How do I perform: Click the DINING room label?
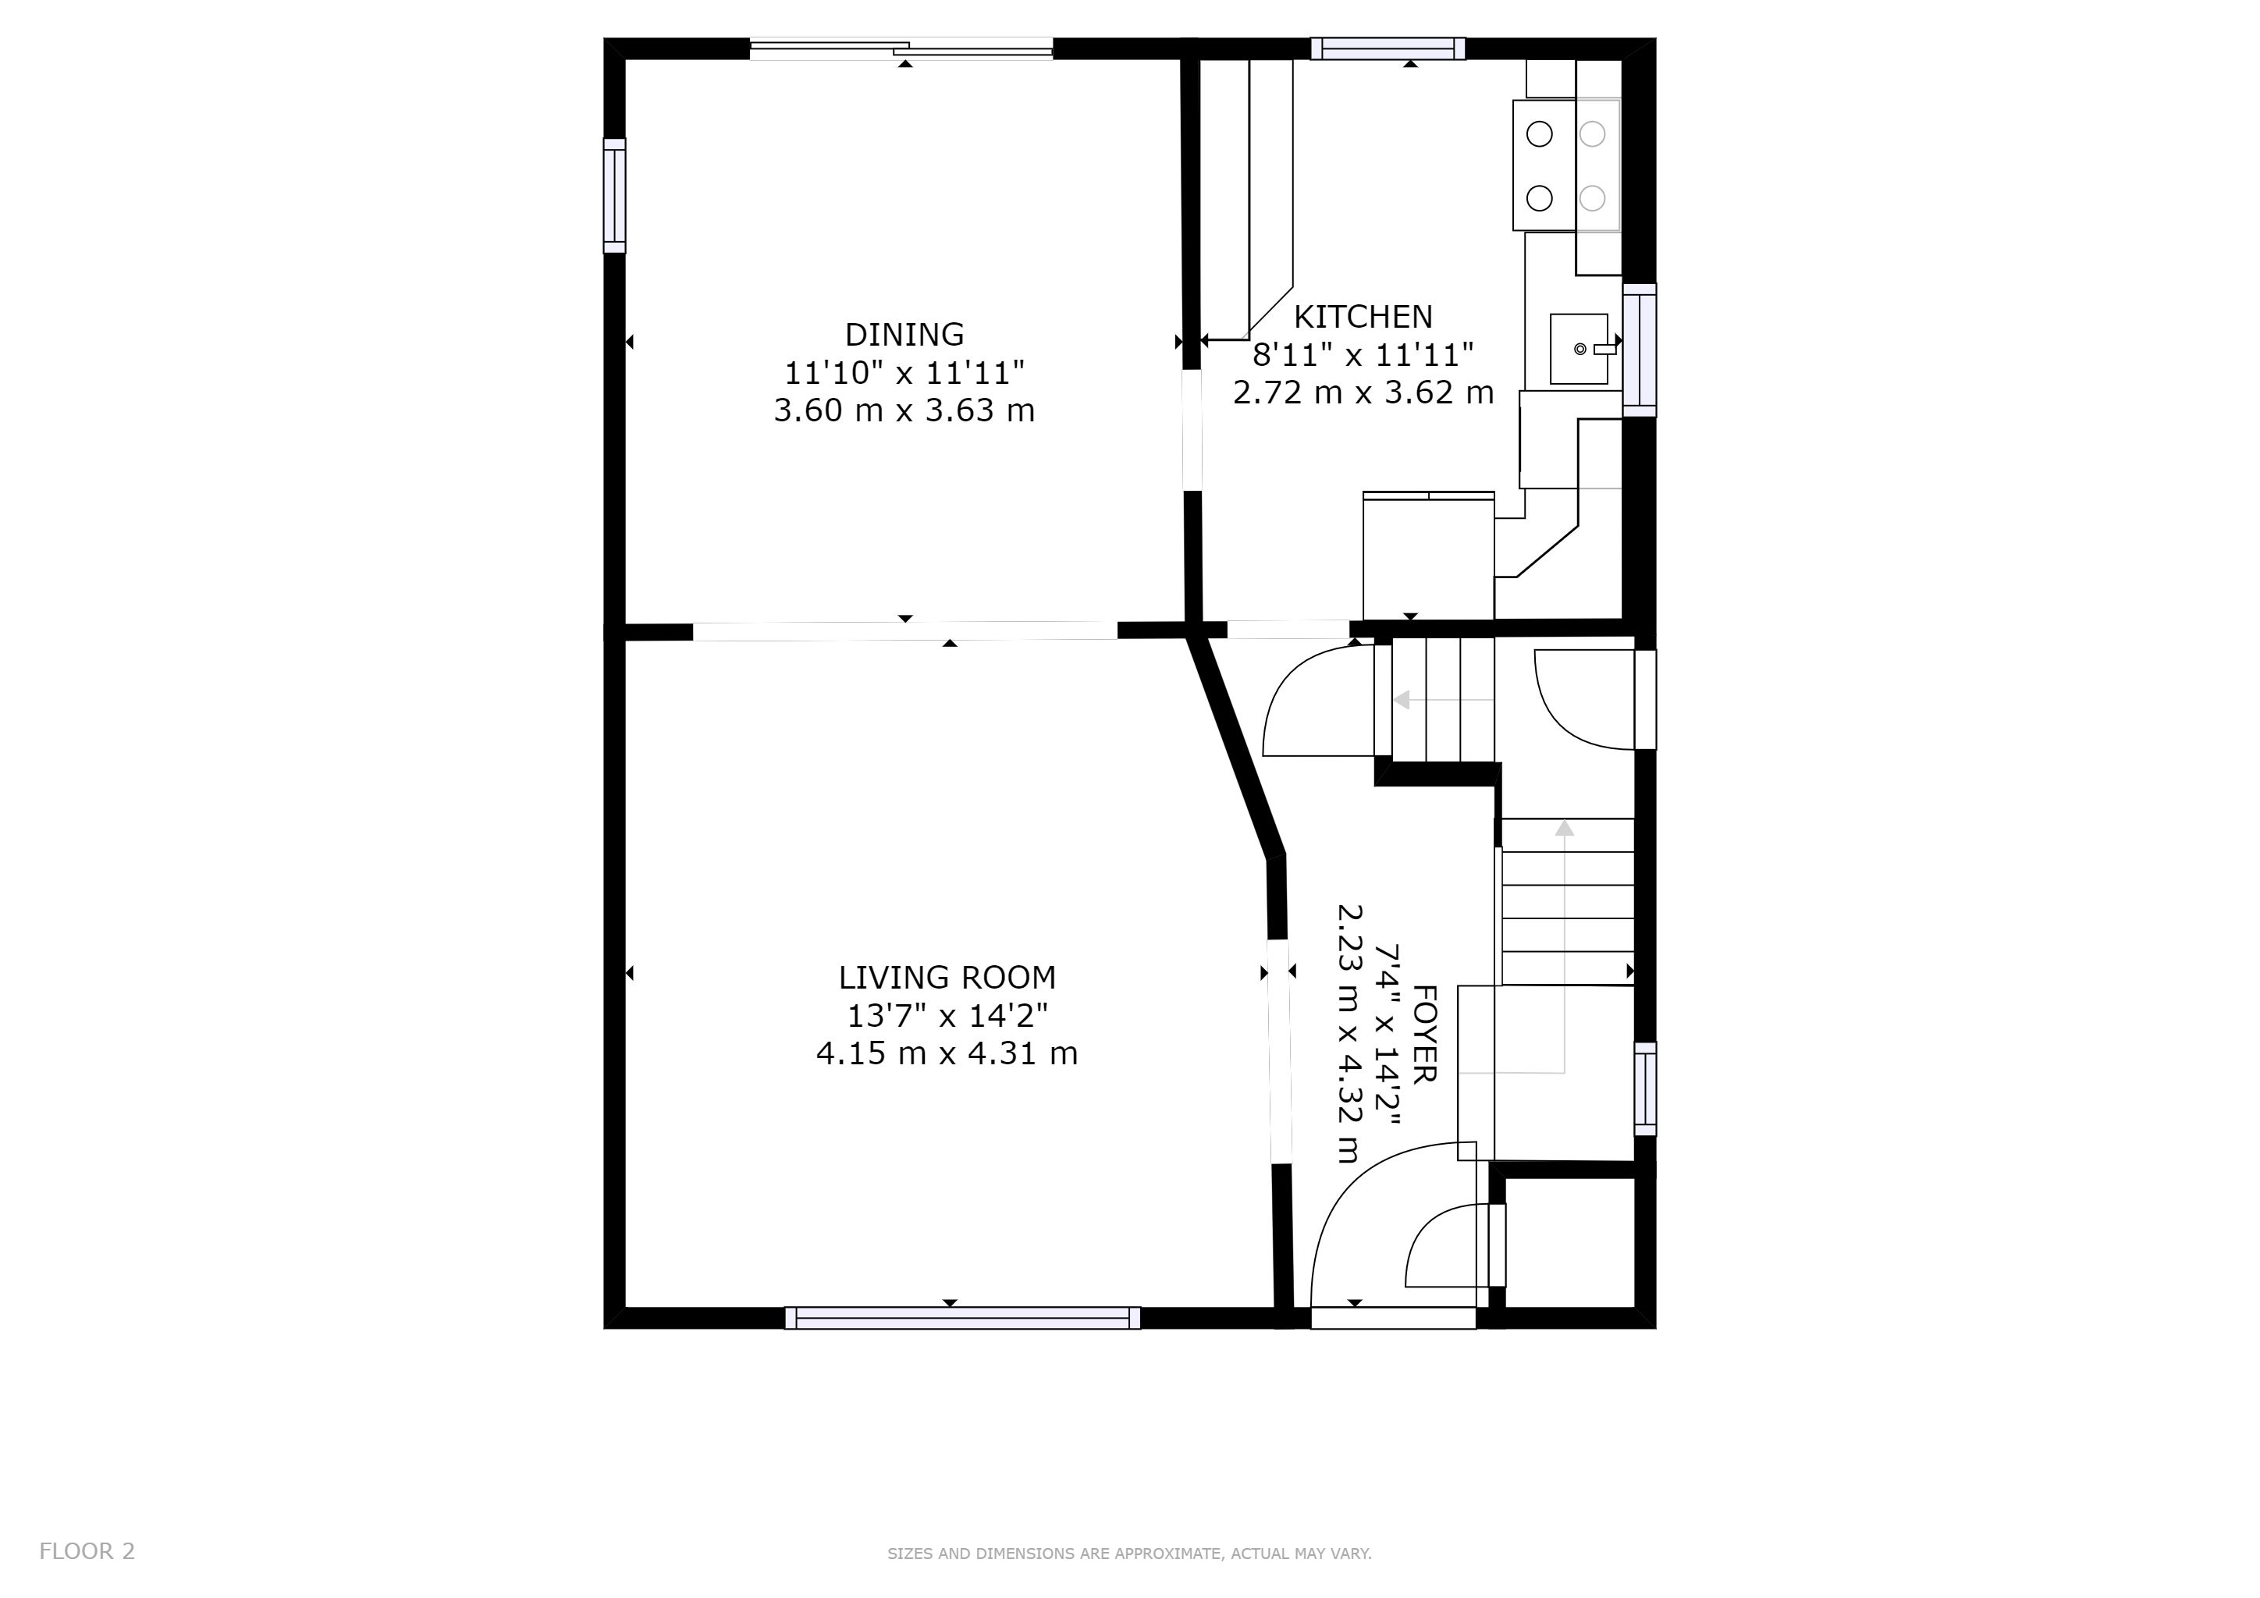point(904,335)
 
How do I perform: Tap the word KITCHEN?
point(1363,317)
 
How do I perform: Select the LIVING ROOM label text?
point(947,977)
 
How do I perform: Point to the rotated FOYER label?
point(1424,1033)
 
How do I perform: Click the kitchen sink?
point(1579,348)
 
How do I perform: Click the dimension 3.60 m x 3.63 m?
point(904,410)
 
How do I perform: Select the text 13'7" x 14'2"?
point(947,1014)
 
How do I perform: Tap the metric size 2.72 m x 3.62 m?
point(1363,392)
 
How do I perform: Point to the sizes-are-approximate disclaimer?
point(1129,1554)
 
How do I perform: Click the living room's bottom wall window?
point(963,1318)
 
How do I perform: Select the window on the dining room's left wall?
point(614,196)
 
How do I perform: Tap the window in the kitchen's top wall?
point(1388,49)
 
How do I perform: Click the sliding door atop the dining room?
point(901,48)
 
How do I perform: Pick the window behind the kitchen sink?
point(1639,350)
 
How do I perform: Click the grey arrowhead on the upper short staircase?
point(1402,700)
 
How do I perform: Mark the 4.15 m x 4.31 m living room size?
point(947,1054)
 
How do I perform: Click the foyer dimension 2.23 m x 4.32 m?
point(1349,1033)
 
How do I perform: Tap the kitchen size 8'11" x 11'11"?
point(1363,354)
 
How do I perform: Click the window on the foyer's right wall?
point(1645,1089)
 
